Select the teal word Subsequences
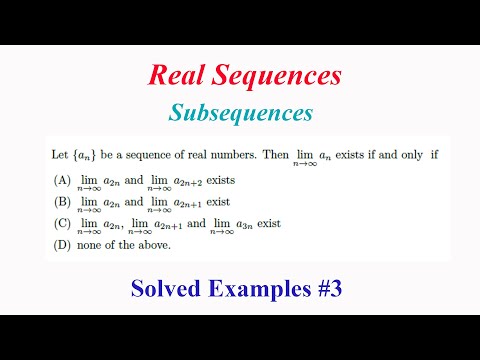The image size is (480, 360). [x=241, y=109]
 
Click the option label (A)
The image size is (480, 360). [x=60, y=181]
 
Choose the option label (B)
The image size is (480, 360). [x=60, y=203]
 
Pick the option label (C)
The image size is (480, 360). [x=60, y=225]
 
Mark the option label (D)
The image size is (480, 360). [x=60, y=245]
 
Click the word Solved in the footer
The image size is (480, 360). [x=166, y=289]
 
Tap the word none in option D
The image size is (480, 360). [x=87, y=245]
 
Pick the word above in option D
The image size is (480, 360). [x=153, y=245]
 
